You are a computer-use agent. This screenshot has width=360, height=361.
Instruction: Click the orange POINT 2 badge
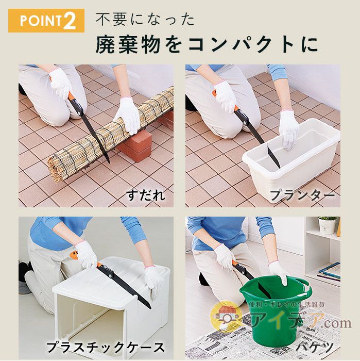[x=46, y=21]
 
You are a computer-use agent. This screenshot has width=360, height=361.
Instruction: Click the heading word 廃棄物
[x=128, y=44]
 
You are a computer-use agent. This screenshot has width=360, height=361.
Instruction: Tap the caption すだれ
[x=146, y=195]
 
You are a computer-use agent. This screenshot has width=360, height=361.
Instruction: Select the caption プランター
[x=302, y=195]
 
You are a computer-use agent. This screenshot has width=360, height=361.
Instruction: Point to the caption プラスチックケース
[x=106, y=347]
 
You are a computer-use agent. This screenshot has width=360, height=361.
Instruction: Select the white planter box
[x=292, y=159]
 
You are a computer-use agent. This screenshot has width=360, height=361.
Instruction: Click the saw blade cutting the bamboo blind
[x=96, y=139]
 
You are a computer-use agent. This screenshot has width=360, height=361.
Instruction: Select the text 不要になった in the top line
[x=145, y=20]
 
